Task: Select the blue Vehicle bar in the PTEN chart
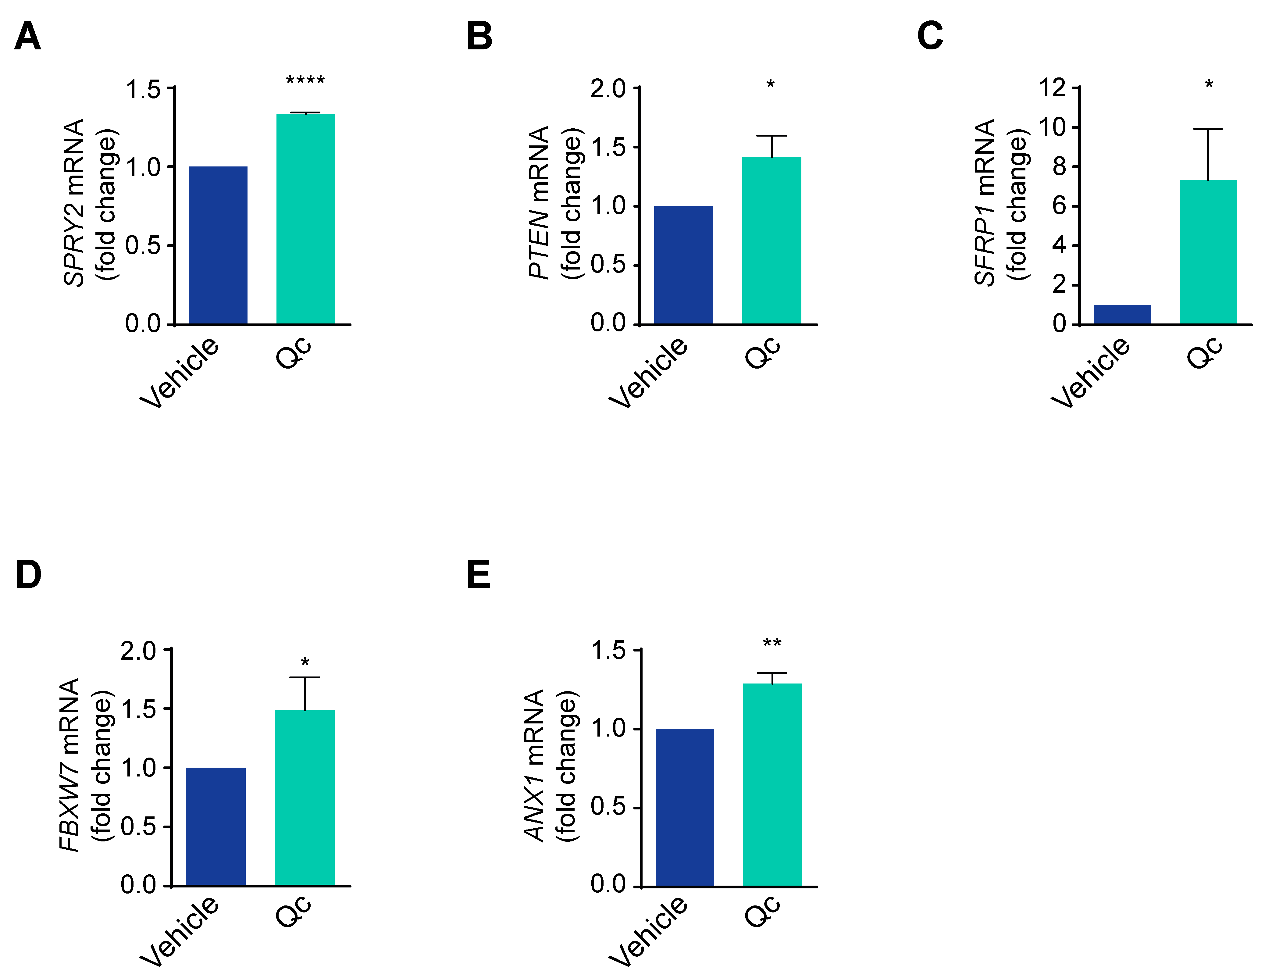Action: click(x=683, y=265)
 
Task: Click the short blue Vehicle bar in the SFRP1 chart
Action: click(x=1122, y=314)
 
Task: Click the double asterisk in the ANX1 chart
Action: click(x=772, y=643)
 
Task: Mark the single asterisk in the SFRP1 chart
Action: click(x=1209, y=85)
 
